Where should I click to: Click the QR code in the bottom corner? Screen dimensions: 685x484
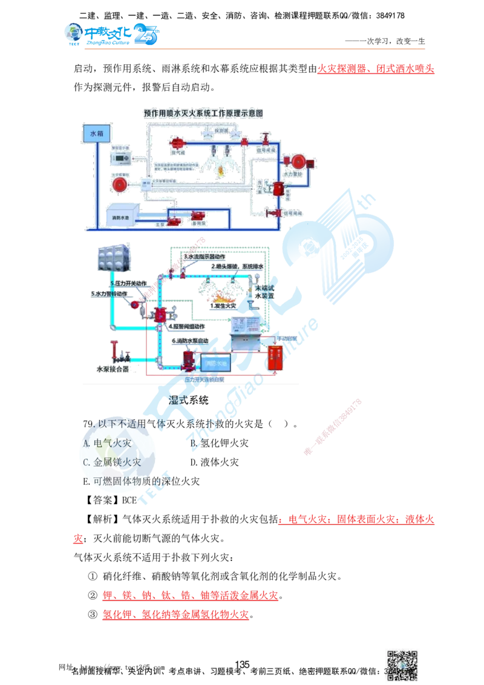pyautogui.click(x=403, y=660)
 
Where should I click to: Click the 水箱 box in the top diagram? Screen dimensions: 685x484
pyautogui.click(x=97, y=132)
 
